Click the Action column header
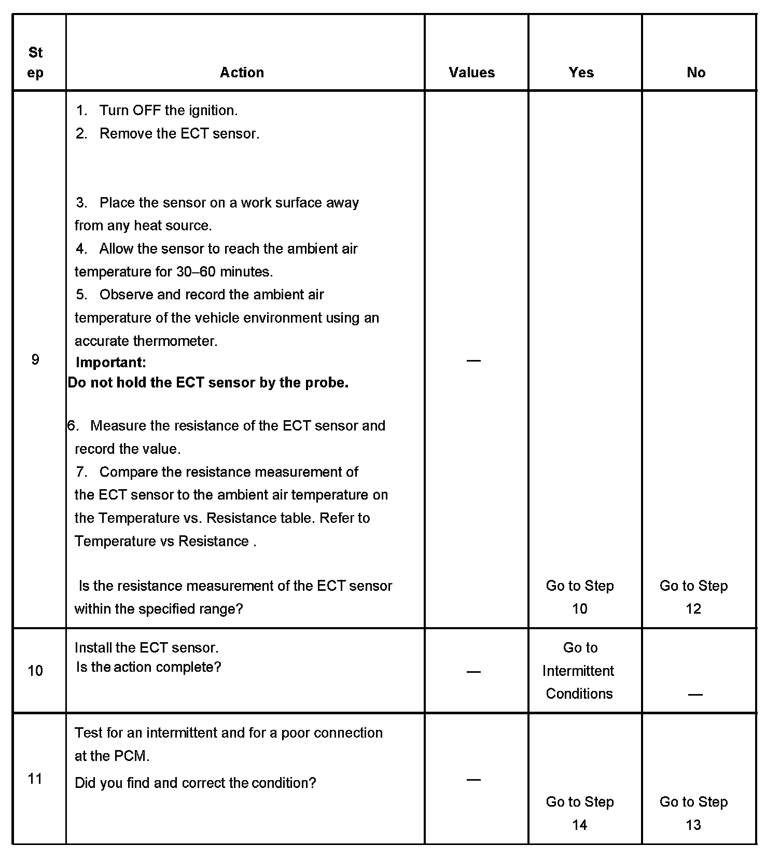coord(242,73)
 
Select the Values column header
coord(471,73)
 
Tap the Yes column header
coord(581,73)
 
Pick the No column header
coord(695,73)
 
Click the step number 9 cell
coord(35,359)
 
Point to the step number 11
coord(35,779)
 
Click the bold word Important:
coord(110,362)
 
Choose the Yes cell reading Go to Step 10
coord(580,597)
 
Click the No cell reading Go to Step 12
coord(693,597)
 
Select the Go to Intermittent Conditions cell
coord(579,671)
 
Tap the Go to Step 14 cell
coord(580,813)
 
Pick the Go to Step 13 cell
coord(693,813)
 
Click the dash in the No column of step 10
coord(695,695)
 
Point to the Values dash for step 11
coord(473,779)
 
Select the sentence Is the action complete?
coord(148,667)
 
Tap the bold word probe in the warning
coord(326,383)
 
